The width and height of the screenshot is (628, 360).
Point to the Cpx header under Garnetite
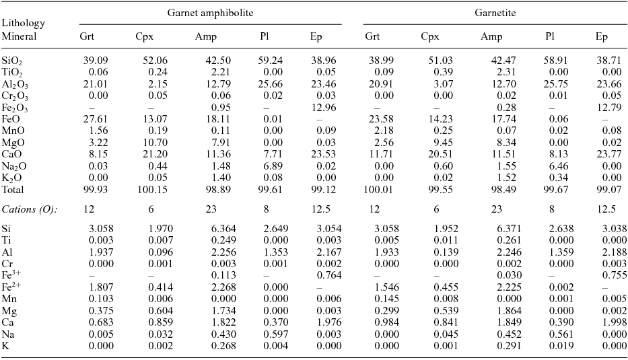pyautogui.click(x=430, y=36)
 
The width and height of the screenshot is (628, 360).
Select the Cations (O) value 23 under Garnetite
pyautogui.click(x=486, y=209)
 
